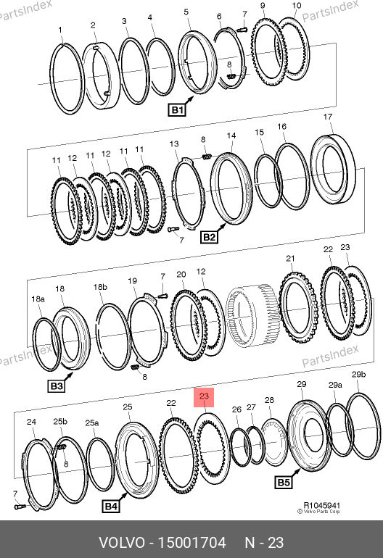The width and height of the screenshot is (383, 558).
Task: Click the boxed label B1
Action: pos(177,110)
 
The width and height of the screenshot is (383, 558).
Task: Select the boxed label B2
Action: pos(209,237)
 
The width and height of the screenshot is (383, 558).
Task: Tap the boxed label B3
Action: pos(57,386)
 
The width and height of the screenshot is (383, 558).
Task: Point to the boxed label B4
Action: pos(110,506)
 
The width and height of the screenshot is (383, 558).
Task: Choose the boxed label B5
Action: pos(284,483)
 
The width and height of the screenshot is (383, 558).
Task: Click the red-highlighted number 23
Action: pos(204,397)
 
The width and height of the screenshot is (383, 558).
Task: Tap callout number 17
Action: pos(328,117)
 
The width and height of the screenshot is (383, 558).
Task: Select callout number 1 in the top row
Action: pos(60,30)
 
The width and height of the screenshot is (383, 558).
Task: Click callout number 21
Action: pos(290,259)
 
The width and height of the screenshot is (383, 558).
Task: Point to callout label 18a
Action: pos(38,299)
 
